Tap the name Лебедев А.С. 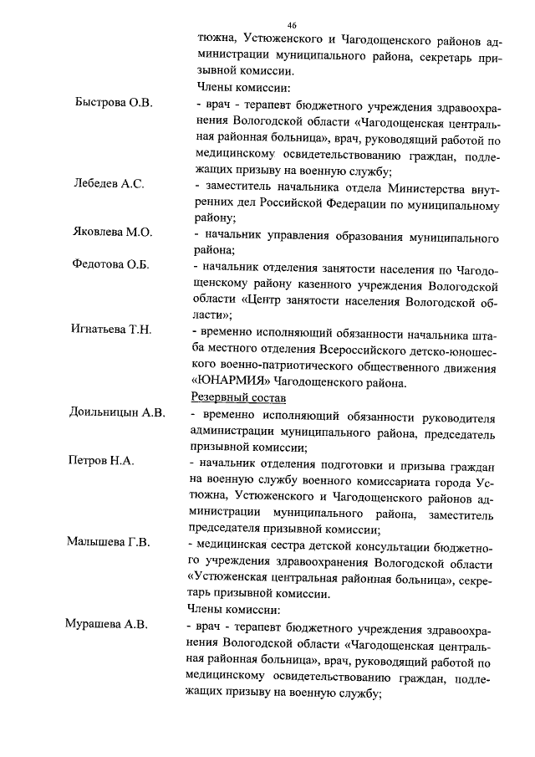coord(110,184)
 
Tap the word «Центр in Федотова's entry coord(261,300)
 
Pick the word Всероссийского coord(364,349)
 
